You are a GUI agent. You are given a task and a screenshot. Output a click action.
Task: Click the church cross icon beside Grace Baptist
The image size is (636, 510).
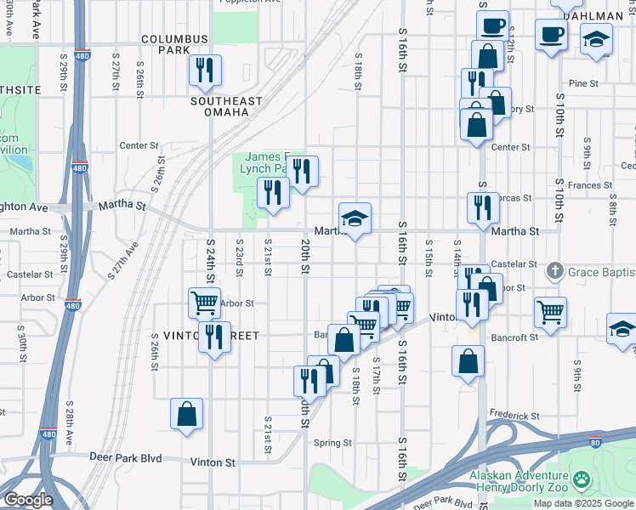(x=554, y=271)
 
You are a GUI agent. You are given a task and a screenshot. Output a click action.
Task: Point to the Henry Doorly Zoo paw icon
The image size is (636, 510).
(x=582, y=481)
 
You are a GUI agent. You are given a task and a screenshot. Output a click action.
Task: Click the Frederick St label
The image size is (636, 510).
(x=514, y=416)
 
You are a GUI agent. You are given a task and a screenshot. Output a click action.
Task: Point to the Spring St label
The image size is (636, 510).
(x=332, y=443)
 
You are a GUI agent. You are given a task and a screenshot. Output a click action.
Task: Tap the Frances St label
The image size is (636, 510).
(x=590, y=185)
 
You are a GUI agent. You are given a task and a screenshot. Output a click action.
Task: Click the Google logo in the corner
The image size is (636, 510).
(x=28, y=500)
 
